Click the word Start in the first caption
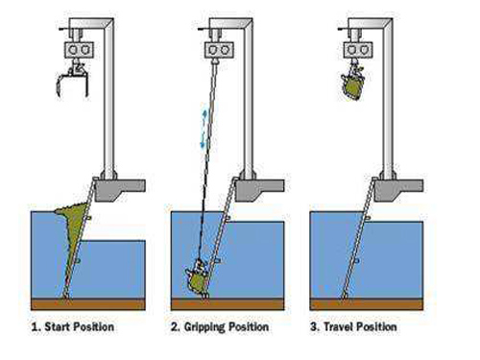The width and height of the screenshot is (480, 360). (x=58, y=326)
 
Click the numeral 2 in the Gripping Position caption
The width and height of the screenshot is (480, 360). (x=175, y=327)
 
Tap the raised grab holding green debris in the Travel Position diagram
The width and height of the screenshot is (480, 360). (x=352, y=83)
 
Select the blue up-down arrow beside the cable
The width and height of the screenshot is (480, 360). (x=204, y=129)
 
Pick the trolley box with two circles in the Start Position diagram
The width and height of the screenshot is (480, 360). (x=79, y=50)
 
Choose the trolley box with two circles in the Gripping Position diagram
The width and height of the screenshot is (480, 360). (x=219, y=50)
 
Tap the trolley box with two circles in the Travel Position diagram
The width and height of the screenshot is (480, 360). (x=358, y=50)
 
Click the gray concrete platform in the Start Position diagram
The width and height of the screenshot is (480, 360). (x=120, y=189)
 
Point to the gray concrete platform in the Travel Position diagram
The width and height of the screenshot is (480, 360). (x=397, y=189)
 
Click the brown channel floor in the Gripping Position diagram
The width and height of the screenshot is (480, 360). (x=228, y=304)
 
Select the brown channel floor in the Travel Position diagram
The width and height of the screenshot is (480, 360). (x=367, y=304)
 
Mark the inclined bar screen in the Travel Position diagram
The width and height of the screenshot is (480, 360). (x=358, y=238)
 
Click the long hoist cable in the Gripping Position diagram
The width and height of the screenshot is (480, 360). (x=207, y=160)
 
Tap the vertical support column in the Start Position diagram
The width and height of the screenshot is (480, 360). (x=109, y=99)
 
